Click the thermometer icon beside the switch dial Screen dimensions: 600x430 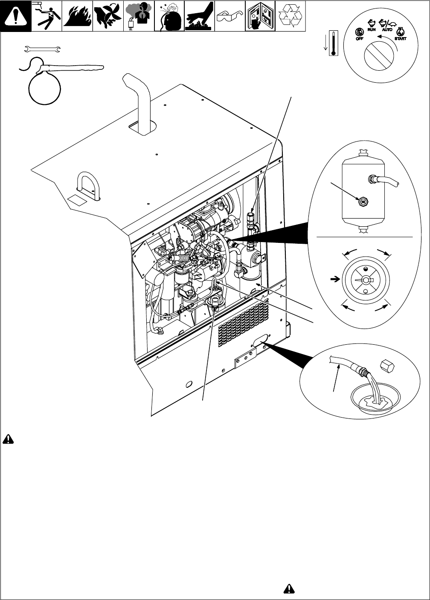pyautogui.click(x=334, y=42)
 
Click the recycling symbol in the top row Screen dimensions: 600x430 pyautogui.click(x=290, y=16)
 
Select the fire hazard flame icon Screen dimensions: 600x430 pyautogui.click(x=77, y=16)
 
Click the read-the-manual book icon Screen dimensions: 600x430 pyautogui.click(x=260, y=16)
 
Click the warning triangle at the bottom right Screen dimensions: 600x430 pyautogui.click(x=289, y=588)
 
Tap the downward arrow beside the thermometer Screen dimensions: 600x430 pyautogui.click(x=325, y=44)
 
